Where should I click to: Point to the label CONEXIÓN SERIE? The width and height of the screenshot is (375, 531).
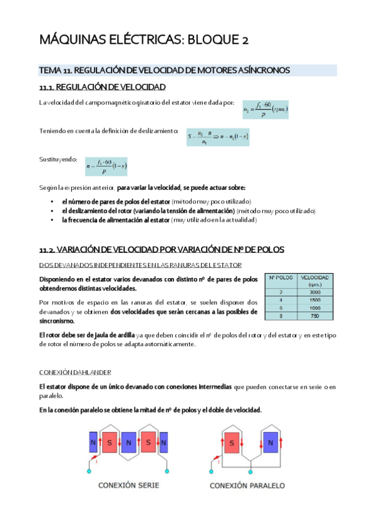click(129, 485)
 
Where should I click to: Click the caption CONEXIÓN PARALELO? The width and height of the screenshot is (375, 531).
click(247, 485)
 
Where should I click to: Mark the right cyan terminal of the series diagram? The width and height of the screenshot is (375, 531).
click(167, 471)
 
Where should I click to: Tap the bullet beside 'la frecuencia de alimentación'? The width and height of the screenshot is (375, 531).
click(51, 220)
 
